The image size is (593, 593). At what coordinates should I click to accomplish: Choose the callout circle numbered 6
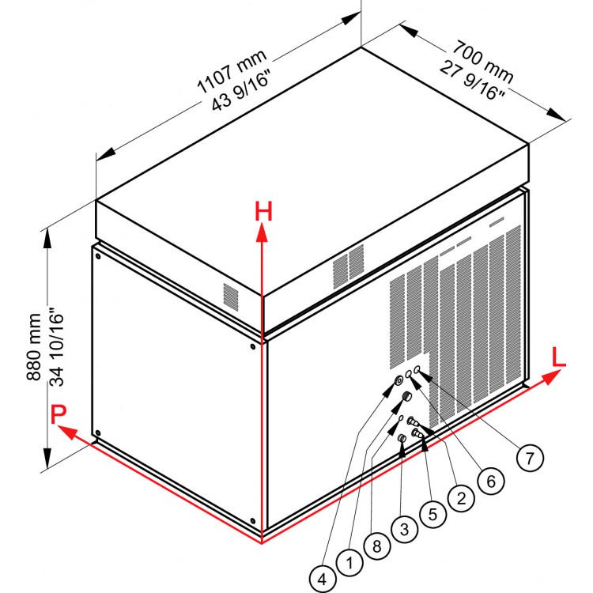[489, 480]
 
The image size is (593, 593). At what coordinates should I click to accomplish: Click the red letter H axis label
[263, 212]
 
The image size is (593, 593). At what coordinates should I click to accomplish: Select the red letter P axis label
[57, 414]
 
